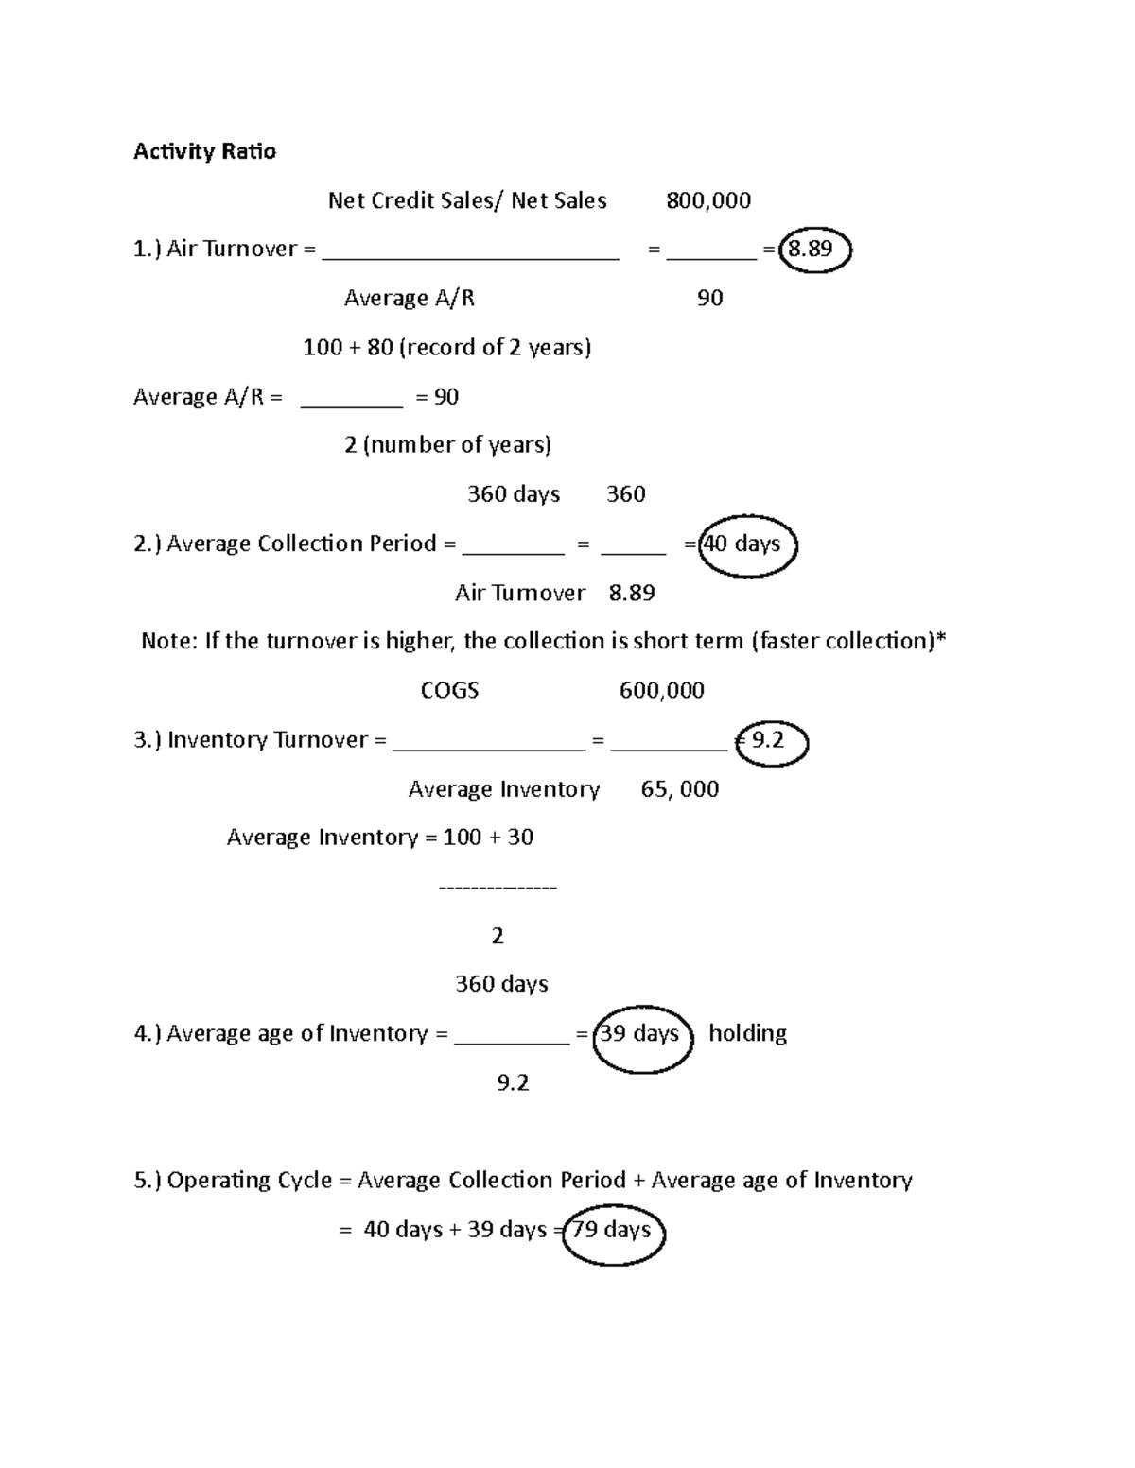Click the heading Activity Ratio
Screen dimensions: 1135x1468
(x=204, y=151)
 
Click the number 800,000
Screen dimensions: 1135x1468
(x=708, y=200)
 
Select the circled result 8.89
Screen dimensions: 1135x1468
(x=813, y=250)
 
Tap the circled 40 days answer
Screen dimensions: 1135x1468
(x=747, y=544)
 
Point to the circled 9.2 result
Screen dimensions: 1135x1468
(x=771, y=741)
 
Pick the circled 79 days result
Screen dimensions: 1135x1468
(x=614, y=1231)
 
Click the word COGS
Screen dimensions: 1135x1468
(x=449, y=691)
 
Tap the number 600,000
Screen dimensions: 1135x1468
(x=662, y=691)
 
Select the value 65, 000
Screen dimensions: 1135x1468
(x=679, y=789)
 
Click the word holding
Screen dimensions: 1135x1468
(x=747, y=1034)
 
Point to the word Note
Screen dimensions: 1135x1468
(x=168, y=642)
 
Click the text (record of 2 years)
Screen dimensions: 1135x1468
(x=495, y=348)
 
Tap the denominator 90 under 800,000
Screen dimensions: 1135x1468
(x=709, y=299)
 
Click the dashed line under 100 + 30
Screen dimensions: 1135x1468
(x=498, y=888)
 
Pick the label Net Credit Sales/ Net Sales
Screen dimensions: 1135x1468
(x=467, y=200)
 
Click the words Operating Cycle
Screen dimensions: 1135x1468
(x=250, y=1181)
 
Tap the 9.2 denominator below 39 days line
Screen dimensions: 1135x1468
(x=513, y=1083)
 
